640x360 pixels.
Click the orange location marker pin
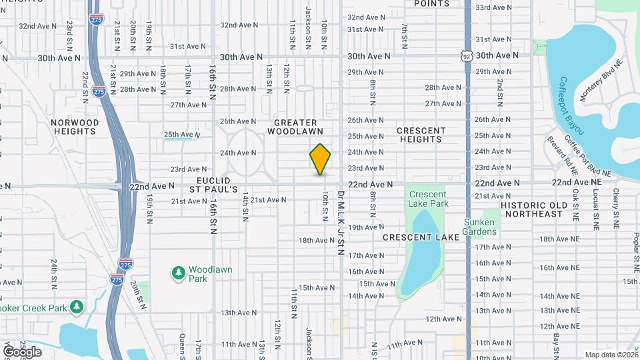click(x=320, y=159)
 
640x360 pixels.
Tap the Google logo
click(x=22, y=351)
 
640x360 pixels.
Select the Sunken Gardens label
click(x=480, y=227)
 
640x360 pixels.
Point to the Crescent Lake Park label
click(x=428, y=198)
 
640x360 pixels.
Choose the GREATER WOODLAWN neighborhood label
click(x=295, y=127)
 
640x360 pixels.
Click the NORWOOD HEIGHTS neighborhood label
click(x=75, y=127)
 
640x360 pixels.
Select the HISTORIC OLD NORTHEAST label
click(x=533, y=209)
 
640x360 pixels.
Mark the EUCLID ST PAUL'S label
click(x=213, y=185)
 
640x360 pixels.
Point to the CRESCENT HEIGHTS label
click(x=421, y=135)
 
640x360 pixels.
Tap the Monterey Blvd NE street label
click(x=601, y=79)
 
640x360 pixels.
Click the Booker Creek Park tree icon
click(x=78, y=307)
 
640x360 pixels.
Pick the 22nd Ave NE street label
click(x=577, y=182)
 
